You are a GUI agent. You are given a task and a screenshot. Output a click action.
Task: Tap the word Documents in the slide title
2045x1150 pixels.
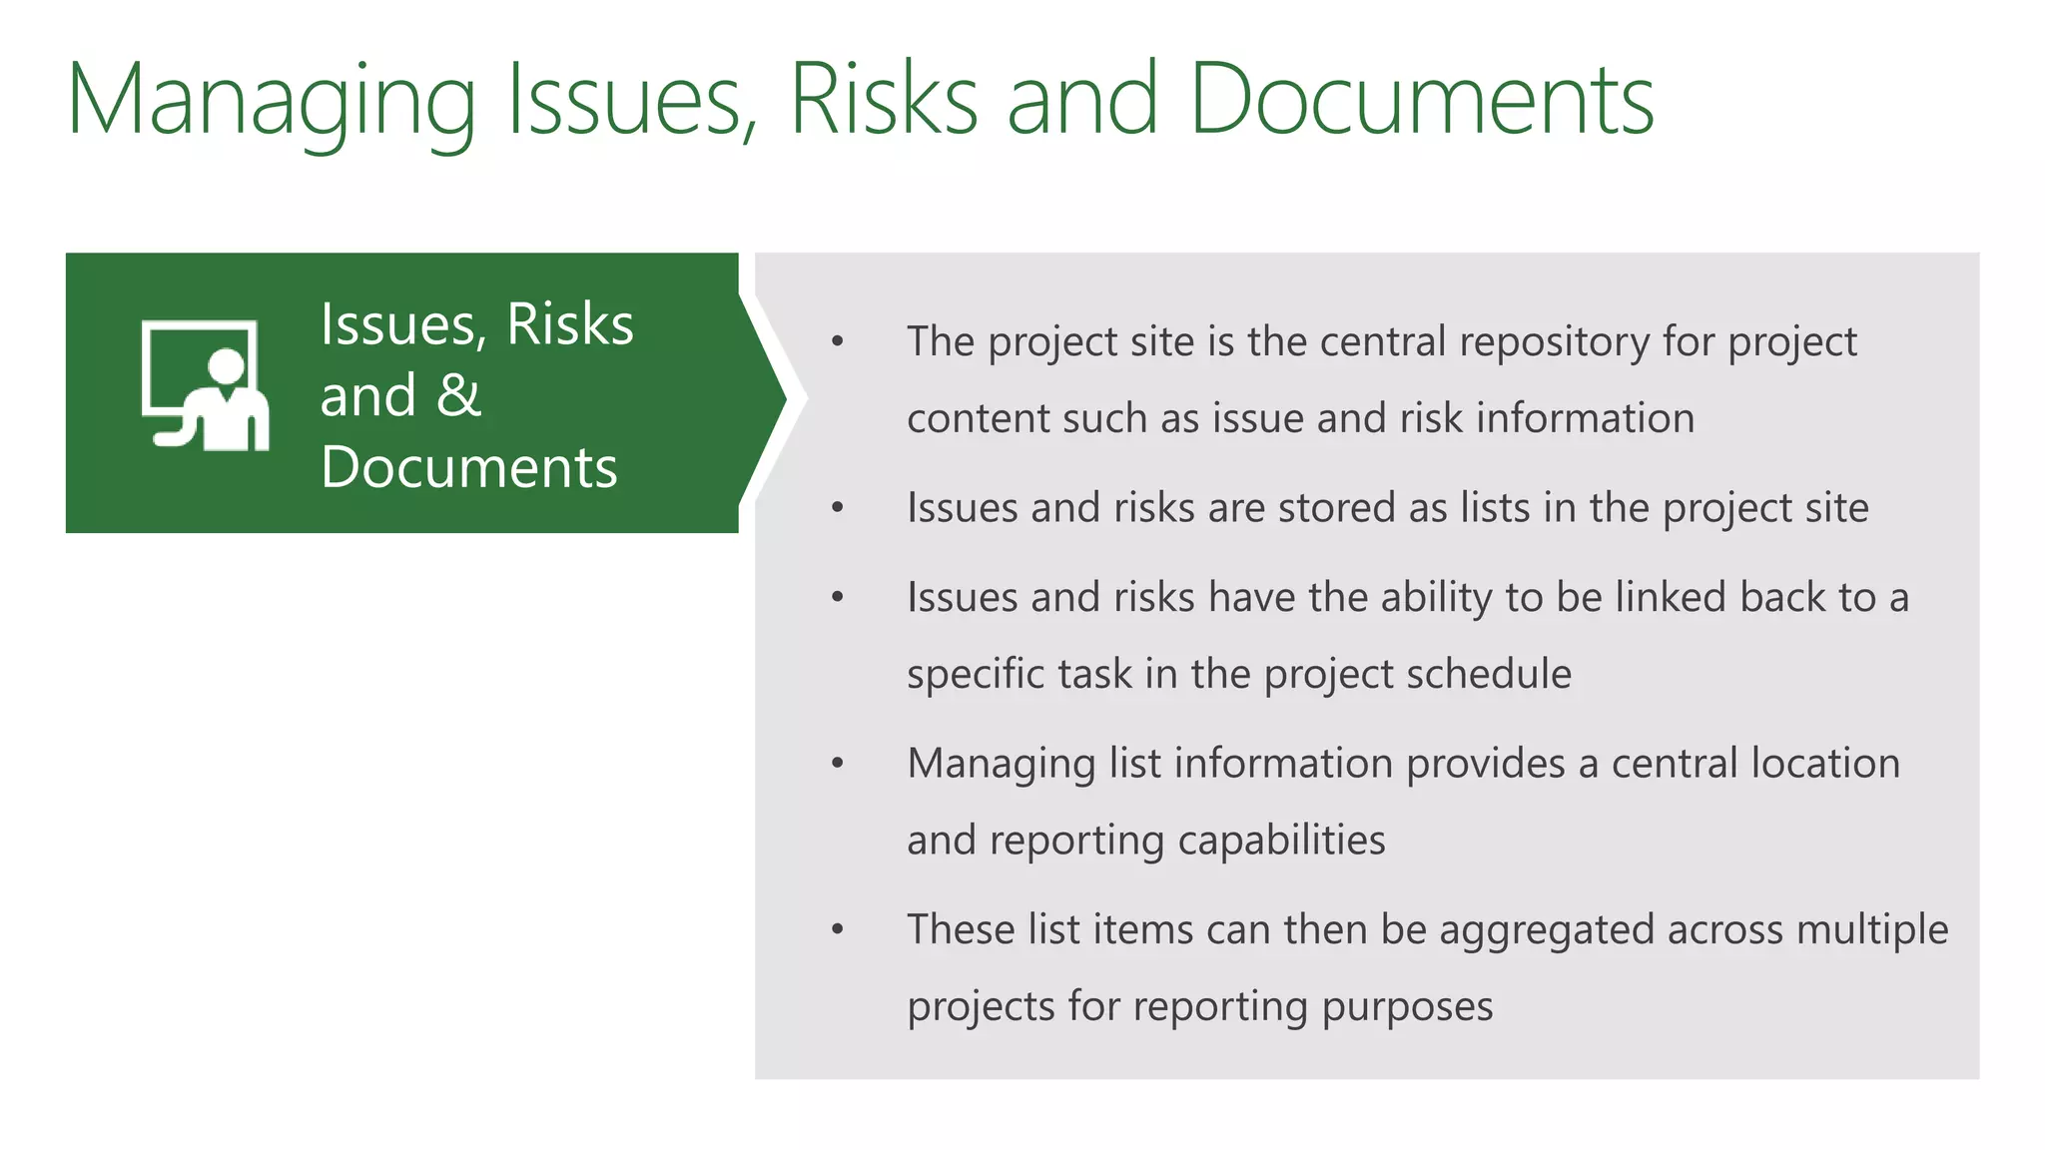[1422, 100]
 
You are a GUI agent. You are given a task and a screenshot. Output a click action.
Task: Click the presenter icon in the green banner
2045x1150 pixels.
[206, 385]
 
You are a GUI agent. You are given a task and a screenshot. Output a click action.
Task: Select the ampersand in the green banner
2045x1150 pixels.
[459, 395]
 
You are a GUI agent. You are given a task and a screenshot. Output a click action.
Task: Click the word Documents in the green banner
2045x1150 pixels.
[469, 467]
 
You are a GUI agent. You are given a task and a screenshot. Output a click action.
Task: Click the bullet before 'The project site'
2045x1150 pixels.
[838, 342]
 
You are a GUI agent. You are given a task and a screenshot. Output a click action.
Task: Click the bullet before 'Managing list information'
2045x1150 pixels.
[838, 764]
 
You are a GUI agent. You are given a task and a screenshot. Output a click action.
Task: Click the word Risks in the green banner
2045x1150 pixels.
[569, 324]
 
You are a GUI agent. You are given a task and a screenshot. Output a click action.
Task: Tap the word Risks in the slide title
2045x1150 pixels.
[884, 100]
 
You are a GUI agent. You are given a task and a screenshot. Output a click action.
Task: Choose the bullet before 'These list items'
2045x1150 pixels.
[838, 930]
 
